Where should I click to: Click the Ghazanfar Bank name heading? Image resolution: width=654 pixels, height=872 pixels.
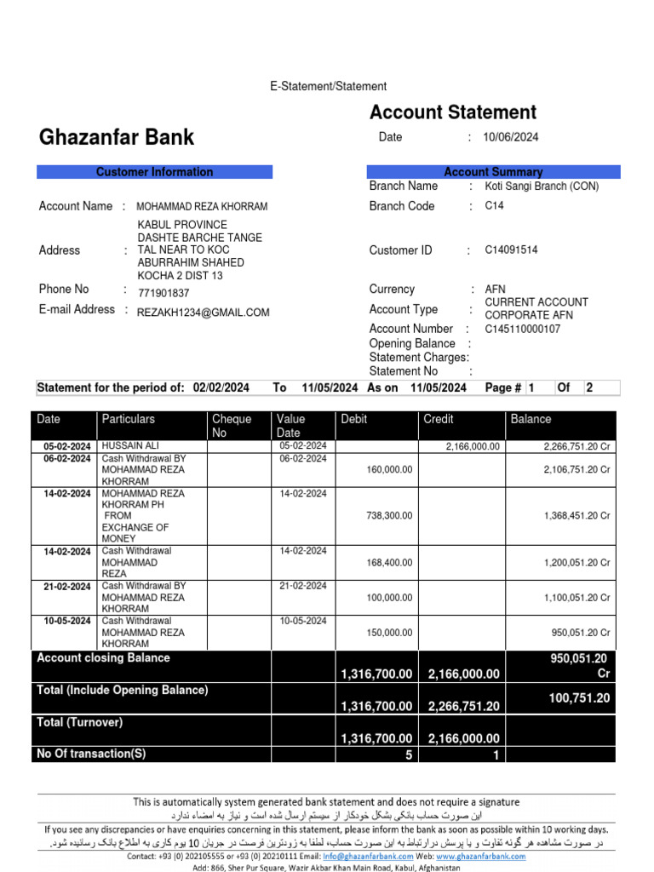(x=117, y=137)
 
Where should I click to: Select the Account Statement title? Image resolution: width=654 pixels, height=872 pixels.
(x=452, y=112)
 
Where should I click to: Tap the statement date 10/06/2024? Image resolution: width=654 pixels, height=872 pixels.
(x=510, y=137)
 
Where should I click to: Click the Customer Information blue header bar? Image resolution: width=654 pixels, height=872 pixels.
(x=154, y=172)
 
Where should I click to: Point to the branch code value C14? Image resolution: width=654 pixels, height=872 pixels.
(x=494, y=206)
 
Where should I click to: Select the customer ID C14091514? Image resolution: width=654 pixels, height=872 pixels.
(x=511, y=250)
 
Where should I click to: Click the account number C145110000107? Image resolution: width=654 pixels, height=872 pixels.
(x=522, y=329)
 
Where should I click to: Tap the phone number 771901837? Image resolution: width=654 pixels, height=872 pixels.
(x=163, y=293)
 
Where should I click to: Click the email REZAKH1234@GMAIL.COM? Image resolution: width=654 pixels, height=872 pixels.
(x=203, y=313)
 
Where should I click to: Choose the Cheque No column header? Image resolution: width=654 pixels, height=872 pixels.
(x=232, y=426)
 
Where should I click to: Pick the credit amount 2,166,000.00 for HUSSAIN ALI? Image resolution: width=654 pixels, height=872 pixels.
(x=473, y=446)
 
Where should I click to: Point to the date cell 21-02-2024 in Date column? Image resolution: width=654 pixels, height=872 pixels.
(x=67, y=587)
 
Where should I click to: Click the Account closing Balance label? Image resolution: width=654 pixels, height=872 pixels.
(x=103, y=658)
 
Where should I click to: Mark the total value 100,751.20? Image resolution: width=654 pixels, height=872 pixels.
(x=579, y=698)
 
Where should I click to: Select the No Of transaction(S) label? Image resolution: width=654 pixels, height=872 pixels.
(x=91, y=754)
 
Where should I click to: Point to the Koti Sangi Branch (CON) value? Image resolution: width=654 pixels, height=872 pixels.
(x=542, y=186)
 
